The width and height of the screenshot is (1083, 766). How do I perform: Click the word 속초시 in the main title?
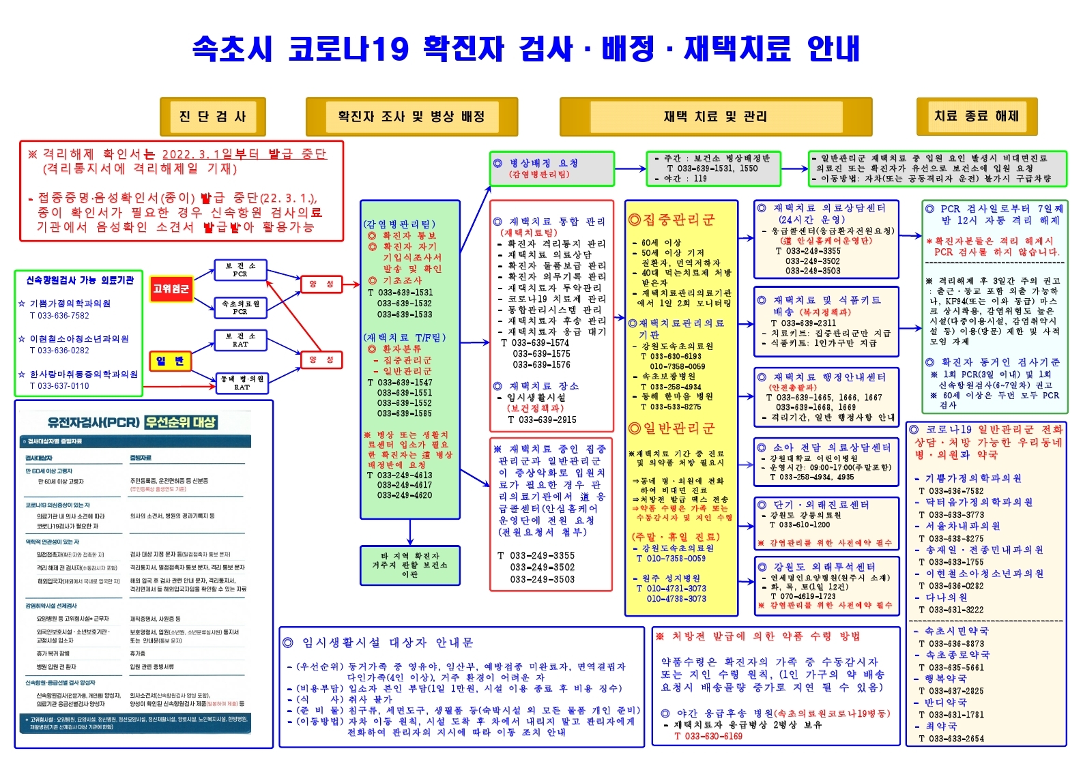tap(232, 49)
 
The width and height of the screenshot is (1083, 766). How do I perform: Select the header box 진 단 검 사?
tap(212, 117)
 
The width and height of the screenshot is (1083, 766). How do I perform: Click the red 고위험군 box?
tap(171, 289)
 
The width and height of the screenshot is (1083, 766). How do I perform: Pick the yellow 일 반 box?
tap(170, 361)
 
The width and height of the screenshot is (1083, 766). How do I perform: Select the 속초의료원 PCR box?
tap(240, 307)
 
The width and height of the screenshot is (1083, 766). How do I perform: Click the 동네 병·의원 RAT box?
tap(242, 383)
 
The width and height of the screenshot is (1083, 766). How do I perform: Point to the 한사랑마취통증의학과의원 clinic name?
tap(83, 374)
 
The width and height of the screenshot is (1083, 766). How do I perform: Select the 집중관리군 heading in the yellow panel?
tap(672, 220)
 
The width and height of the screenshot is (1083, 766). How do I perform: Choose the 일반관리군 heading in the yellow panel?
tap(672, 428)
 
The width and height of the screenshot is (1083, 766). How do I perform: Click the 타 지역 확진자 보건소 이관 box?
tap(409, 565)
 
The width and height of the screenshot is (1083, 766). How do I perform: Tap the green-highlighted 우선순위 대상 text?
tap(181, 422)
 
